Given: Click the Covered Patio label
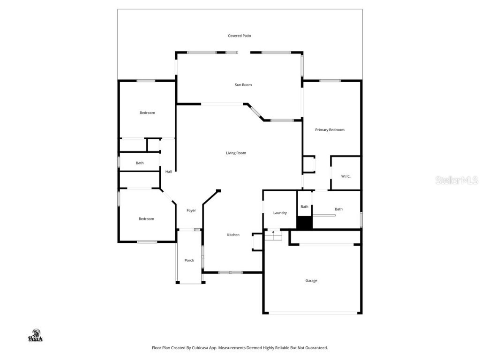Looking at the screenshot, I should pos(240,36).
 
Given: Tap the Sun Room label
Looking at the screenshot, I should pos(243,85).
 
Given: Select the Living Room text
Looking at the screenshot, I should pos(236,153).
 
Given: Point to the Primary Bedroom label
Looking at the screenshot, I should pos(330,130).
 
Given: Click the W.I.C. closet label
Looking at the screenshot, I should pos(345,176).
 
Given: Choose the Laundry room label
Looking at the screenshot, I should pos(280,213).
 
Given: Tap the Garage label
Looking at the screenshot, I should pos(311,281).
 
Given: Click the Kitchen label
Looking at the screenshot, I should pos(233,235).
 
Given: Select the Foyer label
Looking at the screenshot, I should pos(191,210).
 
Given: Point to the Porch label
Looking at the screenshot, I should pos(189,260).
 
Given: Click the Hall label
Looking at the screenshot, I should pos(168,172).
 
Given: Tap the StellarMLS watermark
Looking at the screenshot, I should pos(456,180).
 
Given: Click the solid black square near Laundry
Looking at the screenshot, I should pos(305,223).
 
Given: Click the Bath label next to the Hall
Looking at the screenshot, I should pos(140,163).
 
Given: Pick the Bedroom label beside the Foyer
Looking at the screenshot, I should pos(146,219).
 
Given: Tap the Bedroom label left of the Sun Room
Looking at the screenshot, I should pos(147,113).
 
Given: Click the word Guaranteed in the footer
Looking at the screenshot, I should pos(315,348).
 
